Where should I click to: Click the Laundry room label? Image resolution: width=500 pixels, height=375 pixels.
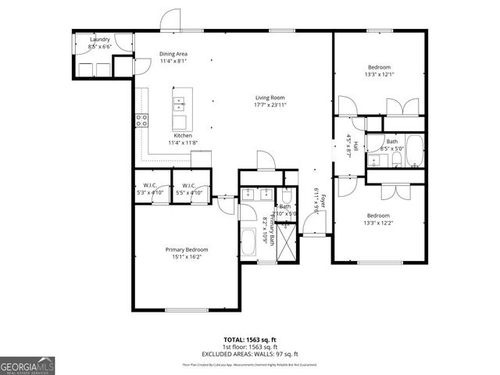click(100, 39)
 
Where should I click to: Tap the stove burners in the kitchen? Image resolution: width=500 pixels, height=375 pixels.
click(142, 120)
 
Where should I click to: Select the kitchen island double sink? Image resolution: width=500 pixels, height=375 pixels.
click(179, 101)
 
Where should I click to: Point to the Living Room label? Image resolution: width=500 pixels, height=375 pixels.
click(269, 98)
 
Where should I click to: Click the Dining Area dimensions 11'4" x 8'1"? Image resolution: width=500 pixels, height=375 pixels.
click(173, 61)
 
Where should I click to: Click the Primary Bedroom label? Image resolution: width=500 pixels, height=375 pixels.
click(186, 250)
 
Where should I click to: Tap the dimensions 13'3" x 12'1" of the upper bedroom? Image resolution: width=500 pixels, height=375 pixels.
click(380, 75)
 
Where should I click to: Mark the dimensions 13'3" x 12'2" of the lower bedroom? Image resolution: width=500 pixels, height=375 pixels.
click(380, 223)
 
